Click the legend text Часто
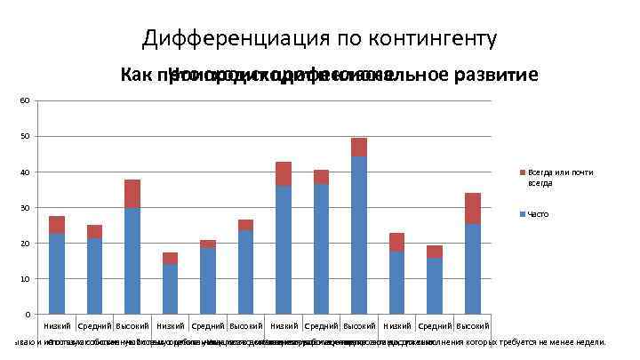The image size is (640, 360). point(538,214)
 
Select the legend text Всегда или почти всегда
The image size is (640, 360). point(560,177)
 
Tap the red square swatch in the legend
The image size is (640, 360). point(522,172)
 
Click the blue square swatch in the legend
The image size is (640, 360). point(522,214)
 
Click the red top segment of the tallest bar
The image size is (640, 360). point(359,147)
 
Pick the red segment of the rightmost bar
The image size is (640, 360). point(473,208)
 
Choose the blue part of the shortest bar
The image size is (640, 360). point(170,289)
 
